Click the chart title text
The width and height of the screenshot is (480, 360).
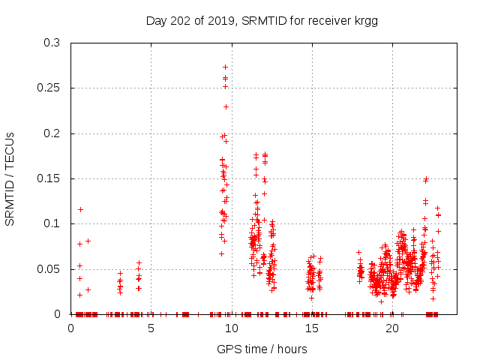(261, 21)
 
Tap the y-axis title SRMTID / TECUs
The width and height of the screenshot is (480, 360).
(10, 178)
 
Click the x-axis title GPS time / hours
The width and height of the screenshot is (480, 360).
(261, 349)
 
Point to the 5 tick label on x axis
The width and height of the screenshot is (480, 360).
(151, 328)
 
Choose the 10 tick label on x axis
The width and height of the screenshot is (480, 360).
(232, 328)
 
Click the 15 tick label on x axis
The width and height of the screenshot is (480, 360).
(312, 328)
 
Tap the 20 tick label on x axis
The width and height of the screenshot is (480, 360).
(392, 328)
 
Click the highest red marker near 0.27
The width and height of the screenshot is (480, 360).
(225, 67)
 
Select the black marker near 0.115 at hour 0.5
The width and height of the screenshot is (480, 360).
(80, 209)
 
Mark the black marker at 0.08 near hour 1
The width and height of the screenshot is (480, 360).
(88, 241)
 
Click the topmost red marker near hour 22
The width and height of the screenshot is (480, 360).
(426, 179)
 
